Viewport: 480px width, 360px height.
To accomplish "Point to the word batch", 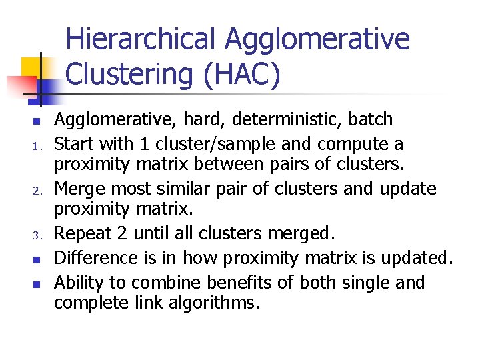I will click(x=368, y=120).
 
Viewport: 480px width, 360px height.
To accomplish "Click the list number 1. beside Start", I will click(x=21, y=145).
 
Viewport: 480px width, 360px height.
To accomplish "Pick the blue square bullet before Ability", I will click(x=21, y=283).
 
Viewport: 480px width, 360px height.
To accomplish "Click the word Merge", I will click(x=77, y=189).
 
